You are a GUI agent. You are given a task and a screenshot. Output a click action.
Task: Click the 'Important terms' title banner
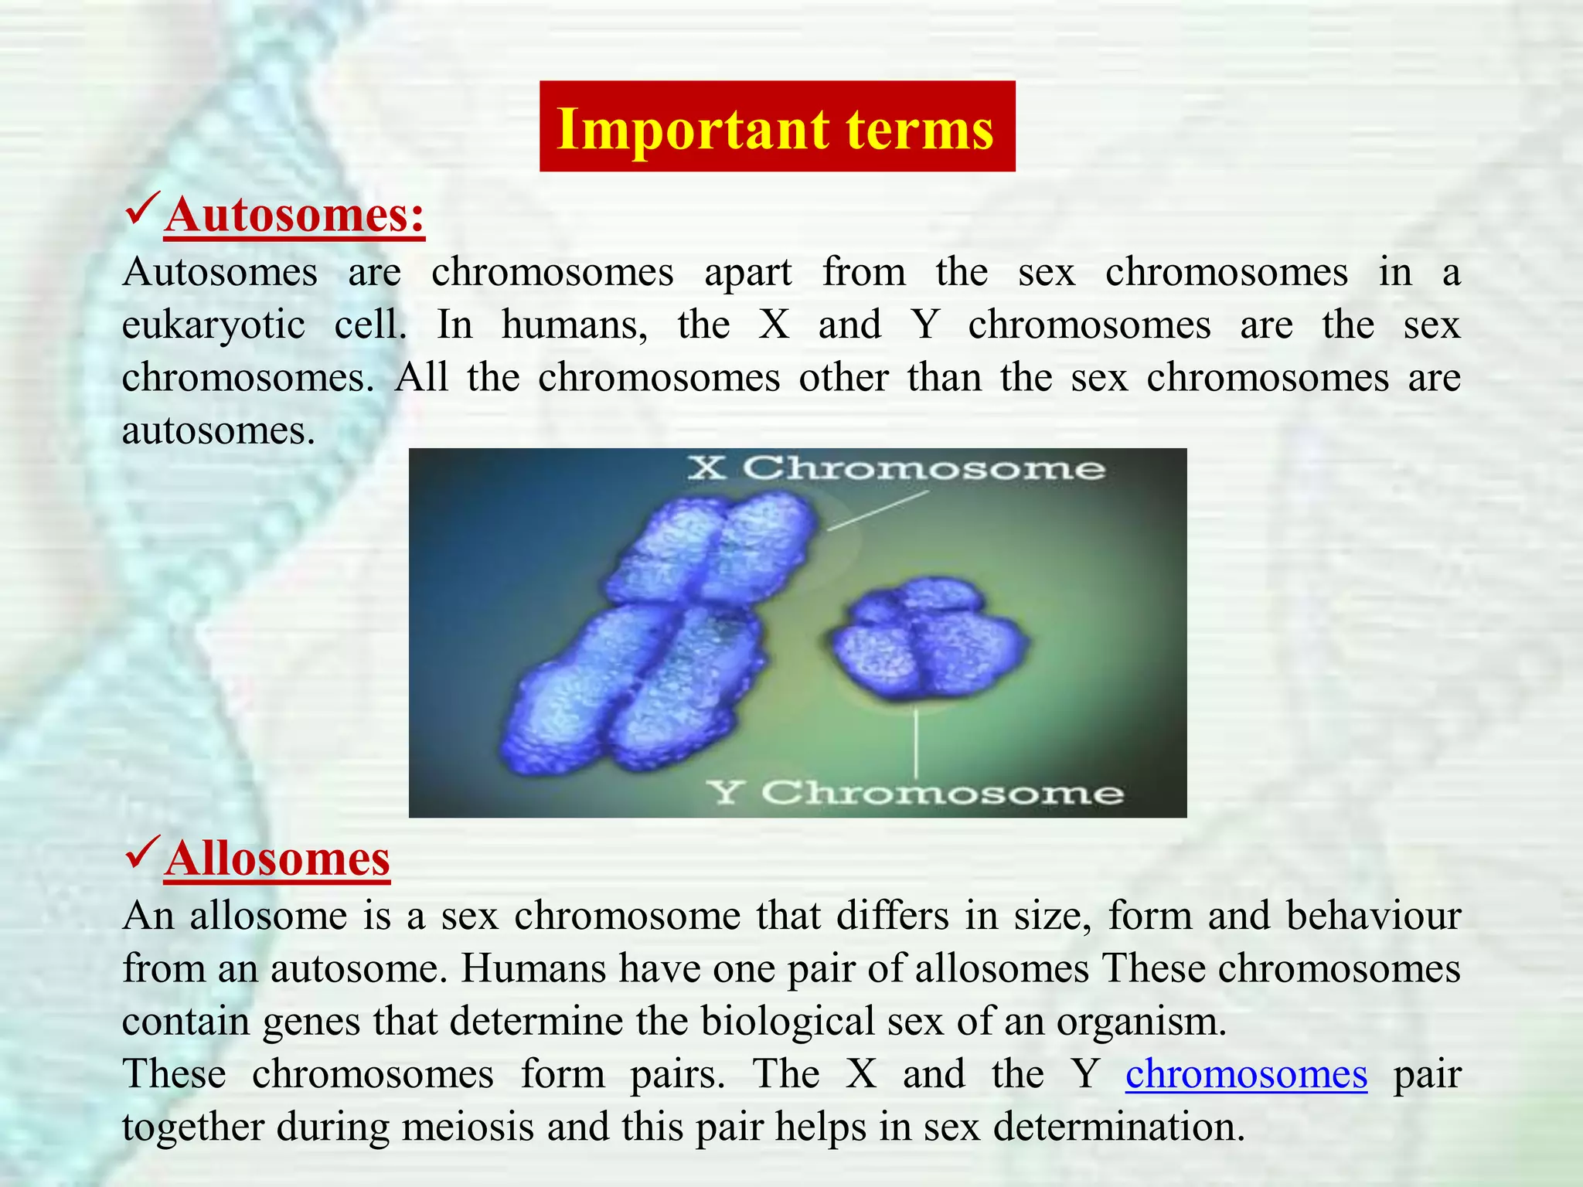(777, 127)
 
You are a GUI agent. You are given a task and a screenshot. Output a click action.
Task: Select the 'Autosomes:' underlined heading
(294, 215)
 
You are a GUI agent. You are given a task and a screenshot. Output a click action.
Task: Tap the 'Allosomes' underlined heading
(277, 859)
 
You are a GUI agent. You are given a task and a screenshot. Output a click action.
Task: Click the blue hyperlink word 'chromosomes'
(1246, 1074)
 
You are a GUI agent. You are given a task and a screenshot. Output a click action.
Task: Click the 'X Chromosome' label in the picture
(897, 468)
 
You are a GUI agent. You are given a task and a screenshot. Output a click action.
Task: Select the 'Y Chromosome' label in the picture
(915, 793)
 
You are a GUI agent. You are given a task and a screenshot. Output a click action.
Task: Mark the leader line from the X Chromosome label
(877, 512)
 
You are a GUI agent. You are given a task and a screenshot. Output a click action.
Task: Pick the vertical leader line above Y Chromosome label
(917, 742)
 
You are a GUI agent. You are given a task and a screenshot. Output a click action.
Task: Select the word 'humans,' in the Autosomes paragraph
(575, 325)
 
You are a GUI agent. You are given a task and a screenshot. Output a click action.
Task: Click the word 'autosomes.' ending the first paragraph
(219, 431)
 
